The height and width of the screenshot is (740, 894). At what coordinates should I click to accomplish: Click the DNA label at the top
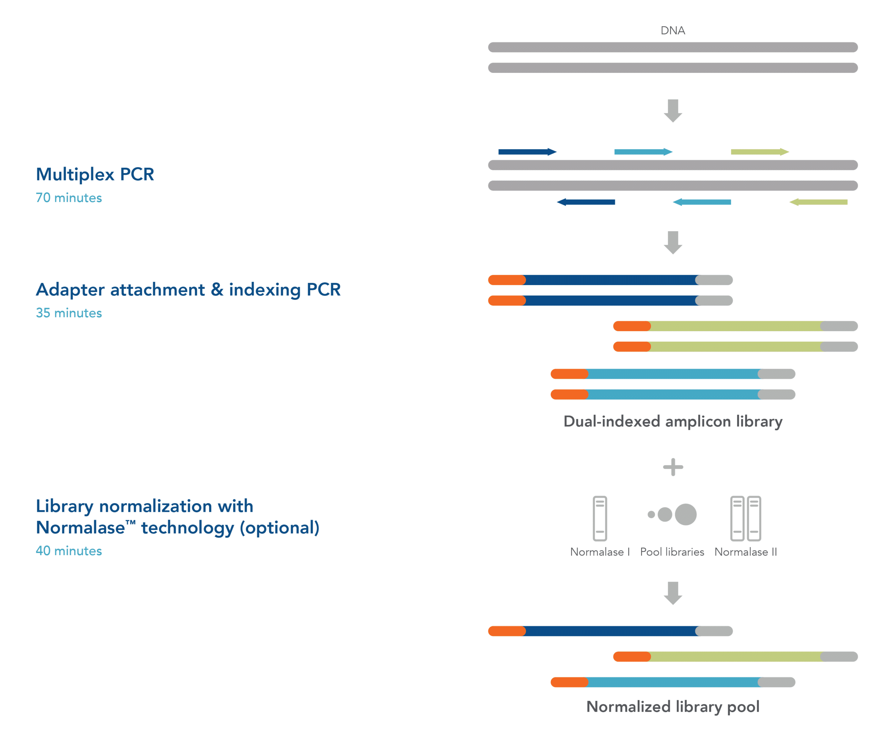click(x=673, y=31)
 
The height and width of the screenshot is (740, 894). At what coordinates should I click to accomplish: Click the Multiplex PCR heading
click(x=95, y=174)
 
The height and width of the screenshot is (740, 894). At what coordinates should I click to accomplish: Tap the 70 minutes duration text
click(x=68, y=198)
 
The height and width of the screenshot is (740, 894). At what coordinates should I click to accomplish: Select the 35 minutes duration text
click(x=68, y=313)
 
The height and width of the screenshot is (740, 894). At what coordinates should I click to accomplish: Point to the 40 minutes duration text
click(x=68, y=551)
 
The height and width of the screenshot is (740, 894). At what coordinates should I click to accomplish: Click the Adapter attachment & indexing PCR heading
click(x=188, y=290)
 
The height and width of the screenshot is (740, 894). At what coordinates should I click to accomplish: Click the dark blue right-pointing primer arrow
click(x=527, y=152)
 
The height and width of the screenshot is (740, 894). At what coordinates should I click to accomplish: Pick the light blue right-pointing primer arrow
click(x=643, y=152)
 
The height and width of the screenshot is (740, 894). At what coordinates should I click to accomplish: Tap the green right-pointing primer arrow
click(x=760, y=152)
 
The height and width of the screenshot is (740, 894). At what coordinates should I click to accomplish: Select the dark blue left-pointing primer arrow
click(x=586, y=202)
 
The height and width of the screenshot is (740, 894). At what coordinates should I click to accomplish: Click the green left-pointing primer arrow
click(x=818, y=202)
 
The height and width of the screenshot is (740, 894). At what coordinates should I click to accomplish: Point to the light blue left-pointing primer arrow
click(x=702, y=202)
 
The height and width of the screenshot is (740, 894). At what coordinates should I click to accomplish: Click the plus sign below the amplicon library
click(x=673, y=467)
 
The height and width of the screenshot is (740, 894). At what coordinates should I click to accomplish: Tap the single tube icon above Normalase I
click(x=600, y=518)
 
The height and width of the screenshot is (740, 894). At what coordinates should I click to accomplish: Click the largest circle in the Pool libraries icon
click(x=686, y=515)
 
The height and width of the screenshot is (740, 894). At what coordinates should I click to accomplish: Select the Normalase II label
click(x=746, y=552)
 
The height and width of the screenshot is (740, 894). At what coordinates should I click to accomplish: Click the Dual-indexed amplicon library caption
click(x=673, y=422)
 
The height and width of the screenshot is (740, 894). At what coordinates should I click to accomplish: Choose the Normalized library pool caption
click(x=673, y=707)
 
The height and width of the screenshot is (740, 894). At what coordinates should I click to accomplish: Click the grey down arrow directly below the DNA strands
click(x=673, y=111)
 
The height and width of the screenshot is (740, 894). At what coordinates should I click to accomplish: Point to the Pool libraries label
click(x=672, y=552)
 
